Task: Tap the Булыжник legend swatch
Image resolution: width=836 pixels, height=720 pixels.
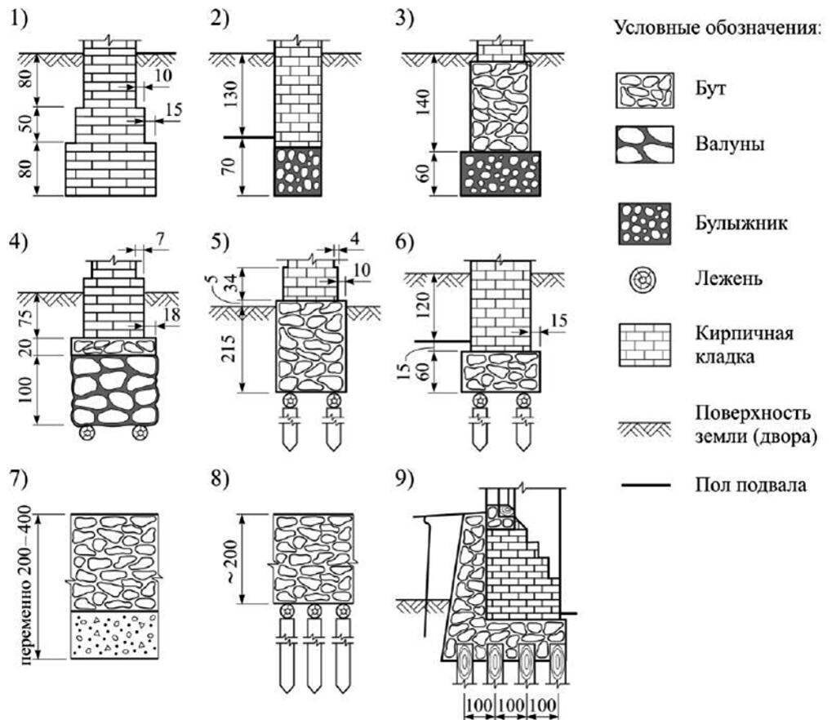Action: click(x=643, y=223)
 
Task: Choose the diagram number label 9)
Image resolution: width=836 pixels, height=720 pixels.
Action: click(x=409, y=480)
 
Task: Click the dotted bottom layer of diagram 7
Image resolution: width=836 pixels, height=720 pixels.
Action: click(x=113, y=635)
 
